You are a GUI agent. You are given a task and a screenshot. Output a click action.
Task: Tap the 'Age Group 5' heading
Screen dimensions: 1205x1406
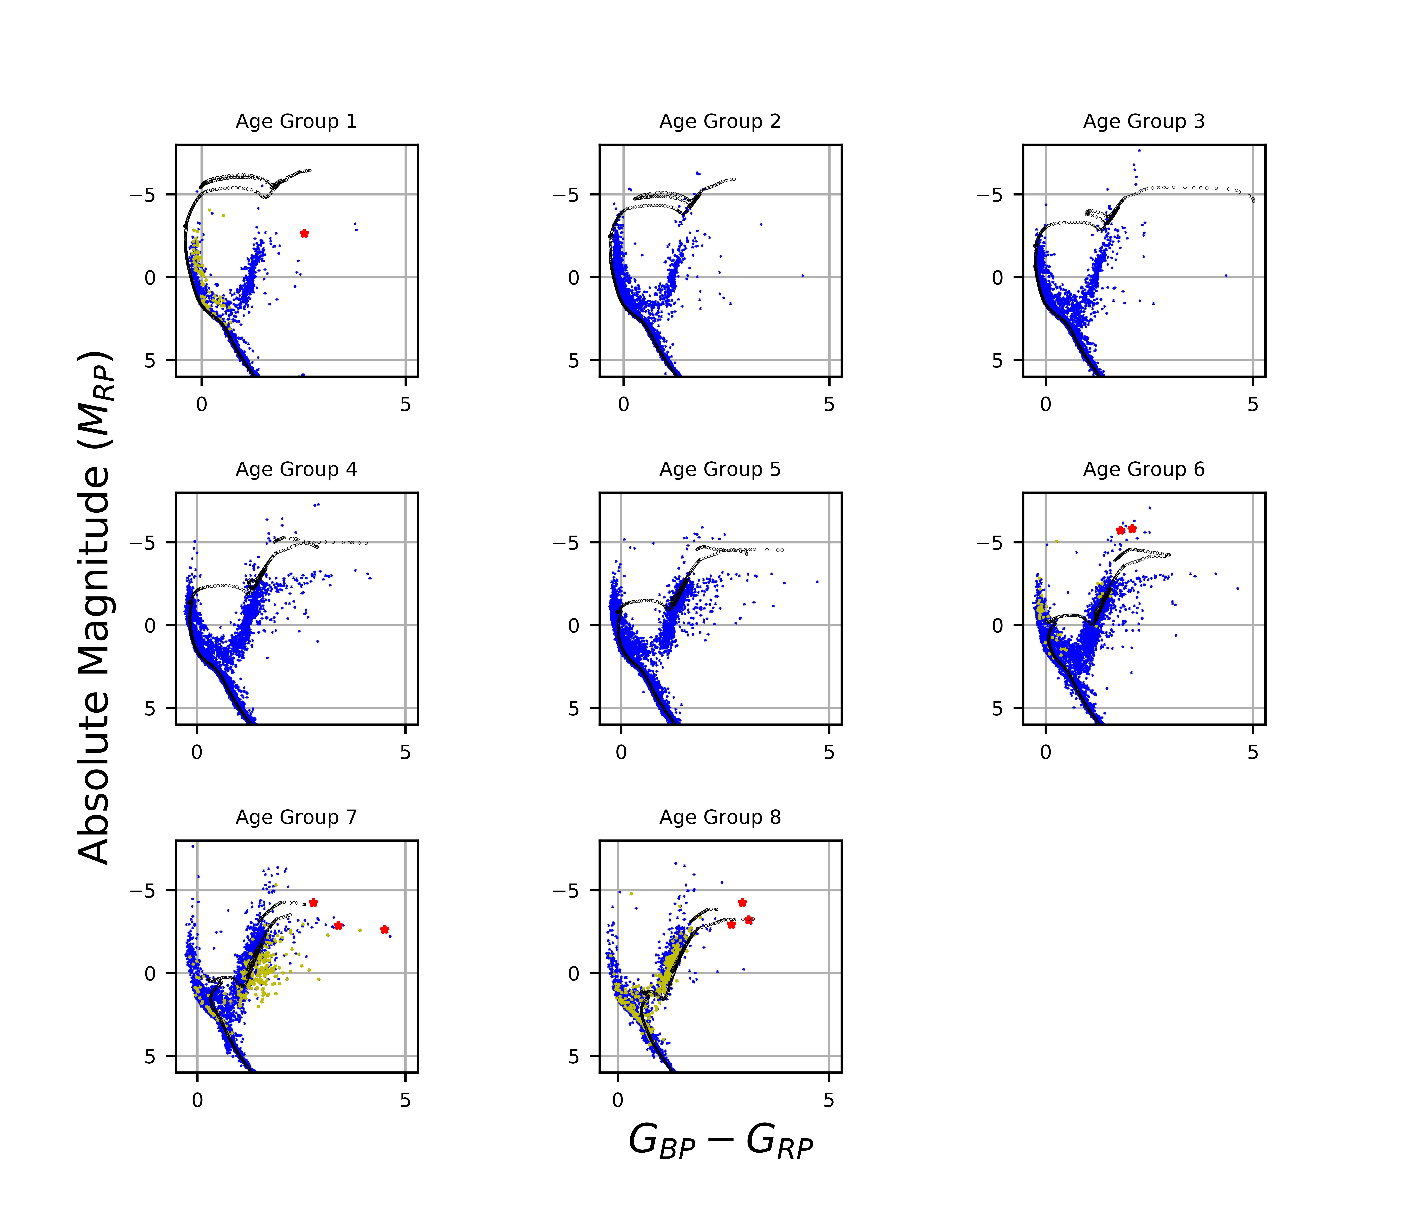720,469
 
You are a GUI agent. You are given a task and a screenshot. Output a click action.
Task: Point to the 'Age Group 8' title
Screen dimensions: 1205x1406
720,818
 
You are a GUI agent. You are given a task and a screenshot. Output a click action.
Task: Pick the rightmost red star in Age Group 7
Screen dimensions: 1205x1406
385,930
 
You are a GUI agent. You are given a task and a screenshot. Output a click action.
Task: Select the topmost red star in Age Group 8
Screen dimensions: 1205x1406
742,902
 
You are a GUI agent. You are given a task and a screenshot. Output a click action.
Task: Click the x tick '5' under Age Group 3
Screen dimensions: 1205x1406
1253,405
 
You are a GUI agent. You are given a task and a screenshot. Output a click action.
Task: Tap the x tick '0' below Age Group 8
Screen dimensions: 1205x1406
617,1101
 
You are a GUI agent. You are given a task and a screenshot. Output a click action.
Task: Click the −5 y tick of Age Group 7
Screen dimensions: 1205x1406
142,891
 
